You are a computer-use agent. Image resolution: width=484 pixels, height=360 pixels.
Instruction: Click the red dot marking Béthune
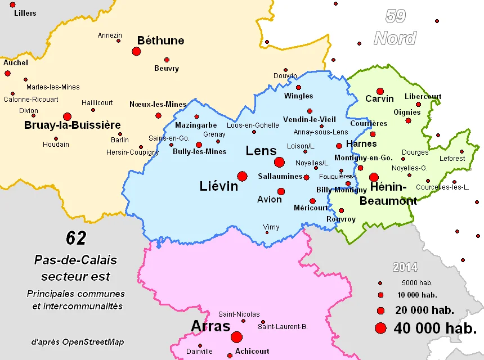point(136,51)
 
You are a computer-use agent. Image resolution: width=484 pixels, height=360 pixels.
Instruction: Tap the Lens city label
point(261,151)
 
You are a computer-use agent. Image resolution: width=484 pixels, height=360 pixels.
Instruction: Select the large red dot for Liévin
point(243,176)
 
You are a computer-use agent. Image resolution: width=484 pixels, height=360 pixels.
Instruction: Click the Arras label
point(210,326)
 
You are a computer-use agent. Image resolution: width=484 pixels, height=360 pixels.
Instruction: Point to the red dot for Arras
point(236,337)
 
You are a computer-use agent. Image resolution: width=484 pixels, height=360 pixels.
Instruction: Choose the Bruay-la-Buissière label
point(73,125)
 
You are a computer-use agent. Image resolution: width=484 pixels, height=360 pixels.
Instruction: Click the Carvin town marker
point(380,91)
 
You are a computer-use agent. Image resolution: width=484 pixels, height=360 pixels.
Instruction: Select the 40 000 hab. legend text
point(435,327)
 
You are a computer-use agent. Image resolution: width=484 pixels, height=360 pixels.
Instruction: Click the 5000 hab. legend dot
point(380,283)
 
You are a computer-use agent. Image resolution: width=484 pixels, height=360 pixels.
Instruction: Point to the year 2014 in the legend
point(405,268)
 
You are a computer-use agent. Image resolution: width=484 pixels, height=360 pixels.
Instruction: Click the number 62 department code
point(76,238)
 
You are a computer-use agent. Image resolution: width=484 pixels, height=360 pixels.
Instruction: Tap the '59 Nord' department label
point(395,28)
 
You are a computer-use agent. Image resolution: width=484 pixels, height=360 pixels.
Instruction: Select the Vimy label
point(271,227)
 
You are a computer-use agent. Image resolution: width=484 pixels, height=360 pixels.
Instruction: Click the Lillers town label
point(25,13)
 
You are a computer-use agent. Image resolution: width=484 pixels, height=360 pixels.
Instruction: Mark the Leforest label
point(452,159)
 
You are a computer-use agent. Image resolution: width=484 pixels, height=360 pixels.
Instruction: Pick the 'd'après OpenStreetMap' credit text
point(78,341)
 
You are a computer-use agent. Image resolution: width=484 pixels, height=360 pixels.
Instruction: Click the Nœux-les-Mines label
point(158,104)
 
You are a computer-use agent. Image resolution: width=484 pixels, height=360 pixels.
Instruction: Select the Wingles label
point(298,96)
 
